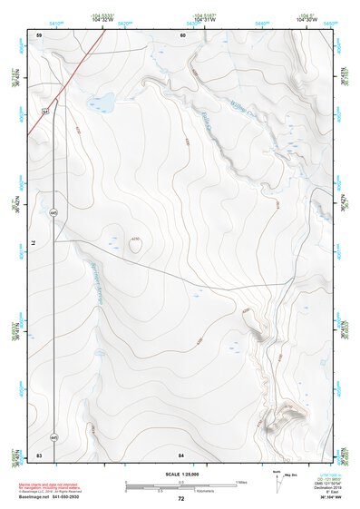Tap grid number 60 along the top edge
tap(182, 34)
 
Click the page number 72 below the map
tap(181, 498)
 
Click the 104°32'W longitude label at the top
tap(102, 20)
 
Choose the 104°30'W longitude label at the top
tap(307, 20)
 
